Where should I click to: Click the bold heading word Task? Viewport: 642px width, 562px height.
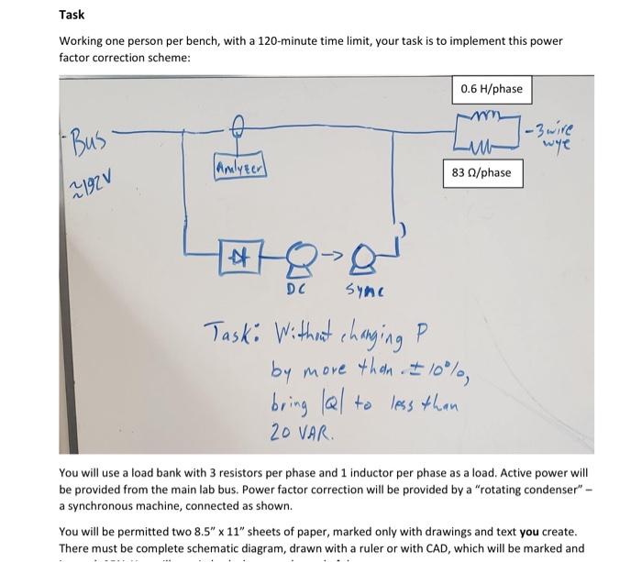(x=72, y=15)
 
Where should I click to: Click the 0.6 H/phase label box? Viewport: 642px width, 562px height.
(x=492, y=89)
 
